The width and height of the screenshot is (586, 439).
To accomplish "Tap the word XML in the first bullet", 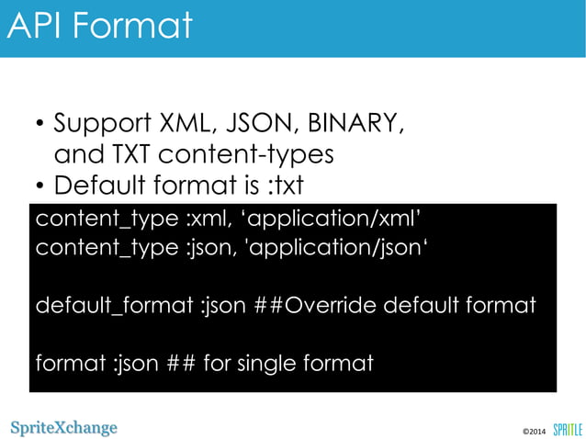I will click(184, 123).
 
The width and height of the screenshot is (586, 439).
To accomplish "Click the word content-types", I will click(262, 154).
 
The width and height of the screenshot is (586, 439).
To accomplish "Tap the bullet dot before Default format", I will click(40, 187).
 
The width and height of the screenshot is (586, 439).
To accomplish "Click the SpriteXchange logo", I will click(64, 428).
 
